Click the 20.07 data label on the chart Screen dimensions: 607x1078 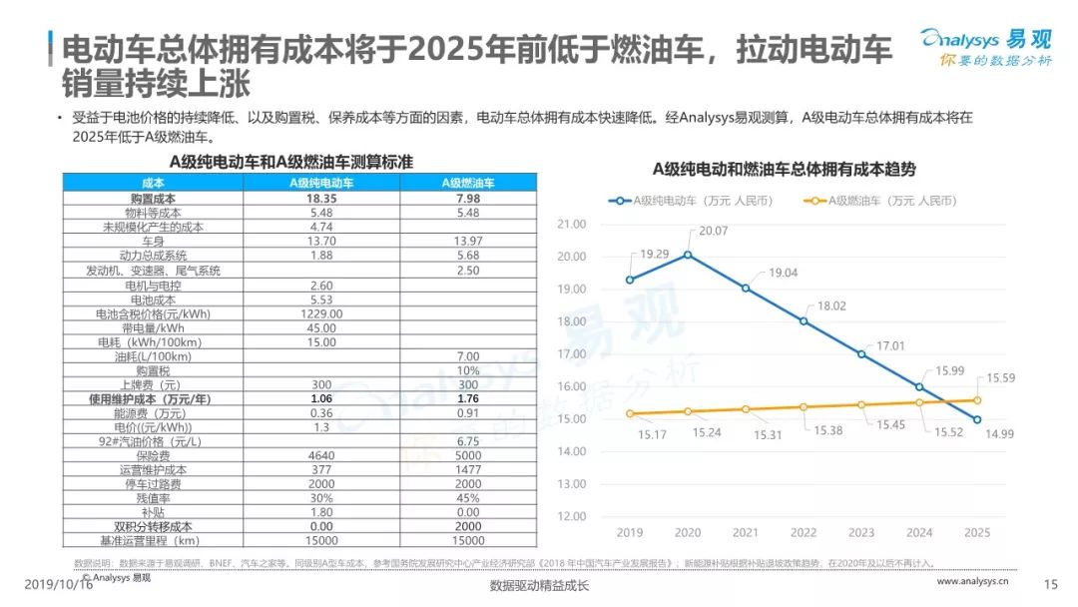coord(714,232)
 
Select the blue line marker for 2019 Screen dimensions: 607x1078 coord(630,280)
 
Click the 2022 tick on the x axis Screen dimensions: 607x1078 coord(803,532)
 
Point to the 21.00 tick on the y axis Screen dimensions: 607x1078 coord(571,224)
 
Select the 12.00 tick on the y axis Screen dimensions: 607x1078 coord(571,516)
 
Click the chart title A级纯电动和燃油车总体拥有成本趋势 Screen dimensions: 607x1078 coord(784,169)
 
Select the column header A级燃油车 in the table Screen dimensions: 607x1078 coord(467,183)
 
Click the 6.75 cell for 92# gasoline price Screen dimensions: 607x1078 coord(467,442)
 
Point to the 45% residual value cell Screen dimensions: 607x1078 coord(467,498)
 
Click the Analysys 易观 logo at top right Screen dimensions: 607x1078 coord(986,47)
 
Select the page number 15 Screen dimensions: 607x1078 coord(1049,584)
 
